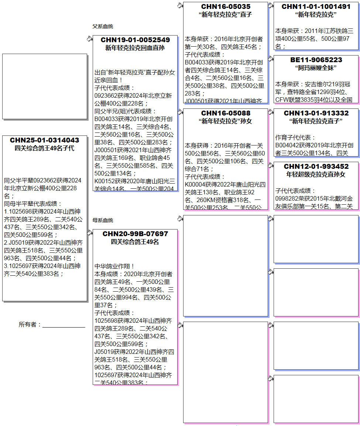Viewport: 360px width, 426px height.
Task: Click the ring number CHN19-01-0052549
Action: [x=135, y=40]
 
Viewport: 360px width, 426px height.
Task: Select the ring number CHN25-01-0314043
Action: [x=44, y=140]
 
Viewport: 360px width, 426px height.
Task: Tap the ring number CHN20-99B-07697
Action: [x=135, y=234]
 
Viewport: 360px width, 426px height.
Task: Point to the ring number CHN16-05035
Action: [x=226, y=7]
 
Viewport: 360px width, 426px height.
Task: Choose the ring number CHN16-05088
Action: [x=226, y=113]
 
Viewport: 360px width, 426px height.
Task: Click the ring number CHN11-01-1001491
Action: [x=316, y=7]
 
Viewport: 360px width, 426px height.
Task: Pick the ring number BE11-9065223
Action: [x=316, y=60]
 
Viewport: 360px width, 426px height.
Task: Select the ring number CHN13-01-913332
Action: [x=316, y=113]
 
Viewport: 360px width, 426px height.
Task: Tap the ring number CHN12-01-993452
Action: [x=316, y=167]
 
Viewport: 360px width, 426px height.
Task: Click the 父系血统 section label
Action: [x=103, y=27]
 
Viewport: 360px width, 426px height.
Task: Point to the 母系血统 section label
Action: [x=103, y=221]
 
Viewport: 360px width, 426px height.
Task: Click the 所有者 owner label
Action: [x=29, y=325]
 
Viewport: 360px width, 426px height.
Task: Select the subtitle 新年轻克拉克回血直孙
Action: [x=135, y=48]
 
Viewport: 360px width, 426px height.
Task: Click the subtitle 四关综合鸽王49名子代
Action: [x=44, y=148]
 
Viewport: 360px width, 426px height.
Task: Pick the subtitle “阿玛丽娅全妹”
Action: [x=316, y=68]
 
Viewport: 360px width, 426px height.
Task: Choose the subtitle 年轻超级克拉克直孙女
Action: [x=316, y=174]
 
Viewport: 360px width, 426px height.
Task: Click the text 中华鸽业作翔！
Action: [x=114, y=266]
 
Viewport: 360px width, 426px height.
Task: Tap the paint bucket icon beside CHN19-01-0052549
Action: [x=89, y=38]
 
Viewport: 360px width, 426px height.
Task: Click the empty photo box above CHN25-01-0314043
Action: [x=45, y=86]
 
